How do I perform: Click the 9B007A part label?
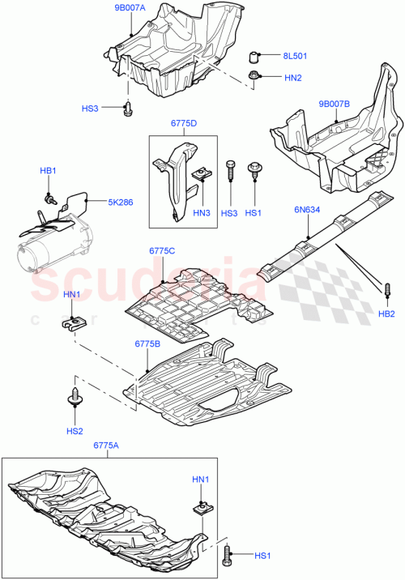[x=129, y=7]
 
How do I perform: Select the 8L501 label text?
[x=296, y=56]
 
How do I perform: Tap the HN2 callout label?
[x=292, y=78]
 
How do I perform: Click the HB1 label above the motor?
[x=49, y=171]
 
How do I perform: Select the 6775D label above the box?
[x=184, y=123]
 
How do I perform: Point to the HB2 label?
[x=387, y=313]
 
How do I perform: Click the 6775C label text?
[x=163, y=251]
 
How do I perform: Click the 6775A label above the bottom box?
[x=106, y=445]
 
